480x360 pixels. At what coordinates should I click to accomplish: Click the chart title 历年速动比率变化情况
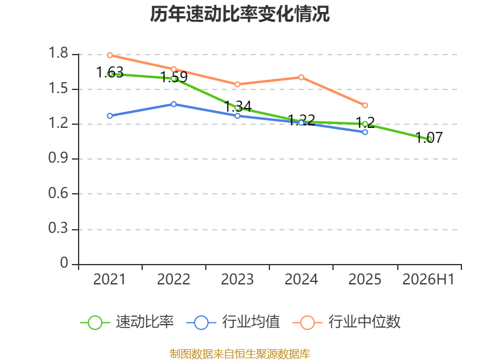point(239,14)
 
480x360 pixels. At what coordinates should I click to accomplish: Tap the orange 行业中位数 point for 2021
point(110,55)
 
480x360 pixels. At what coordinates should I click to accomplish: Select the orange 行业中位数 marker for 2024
point(301,77)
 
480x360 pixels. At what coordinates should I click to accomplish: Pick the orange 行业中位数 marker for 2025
point(365,106)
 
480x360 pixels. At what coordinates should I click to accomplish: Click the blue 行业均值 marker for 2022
point(173,104)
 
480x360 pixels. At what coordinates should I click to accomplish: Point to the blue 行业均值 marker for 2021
point(110,116)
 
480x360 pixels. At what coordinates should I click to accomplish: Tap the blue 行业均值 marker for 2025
point(365,132)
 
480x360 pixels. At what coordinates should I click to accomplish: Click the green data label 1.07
point(429,138)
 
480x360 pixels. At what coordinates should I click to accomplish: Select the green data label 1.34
point(238,107)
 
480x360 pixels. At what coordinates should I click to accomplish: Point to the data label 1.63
point(110,73)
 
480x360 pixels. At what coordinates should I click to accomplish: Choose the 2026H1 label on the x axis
point(428,279)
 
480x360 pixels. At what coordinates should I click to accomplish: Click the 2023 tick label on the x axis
point(237,279)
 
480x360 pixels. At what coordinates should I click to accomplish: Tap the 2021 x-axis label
point(110,279)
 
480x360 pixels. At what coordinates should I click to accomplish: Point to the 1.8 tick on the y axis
point(58,53)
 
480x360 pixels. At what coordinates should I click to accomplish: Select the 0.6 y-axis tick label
point(58,193)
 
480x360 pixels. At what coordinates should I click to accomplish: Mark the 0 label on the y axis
point(64,263)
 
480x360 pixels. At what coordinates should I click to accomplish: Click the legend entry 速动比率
point(127,322)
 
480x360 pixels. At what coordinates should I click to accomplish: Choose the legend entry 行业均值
point(233,322)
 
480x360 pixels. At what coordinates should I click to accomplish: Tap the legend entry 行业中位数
point(347,322)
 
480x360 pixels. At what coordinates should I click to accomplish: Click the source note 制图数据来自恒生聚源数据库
point(240,354)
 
